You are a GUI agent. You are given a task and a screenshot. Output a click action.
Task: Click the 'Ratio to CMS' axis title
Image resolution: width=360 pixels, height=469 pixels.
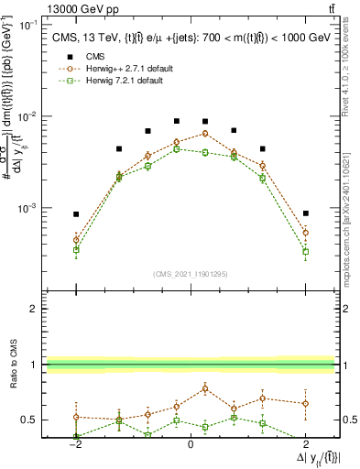pos(11,378)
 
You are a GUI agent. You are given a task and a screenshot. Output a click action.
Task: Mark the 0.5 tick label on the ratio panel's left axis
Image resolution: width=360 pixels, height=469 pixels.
pos(28,420)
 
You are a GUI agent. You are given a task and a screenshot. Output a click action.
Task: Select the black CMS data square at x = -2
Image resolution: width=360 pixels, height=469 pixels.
pos(77,214)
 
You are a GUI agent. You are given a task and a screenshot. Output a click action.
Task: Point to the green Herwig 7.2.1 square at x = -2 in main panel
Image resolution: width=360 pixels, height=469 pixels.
pos(77,249)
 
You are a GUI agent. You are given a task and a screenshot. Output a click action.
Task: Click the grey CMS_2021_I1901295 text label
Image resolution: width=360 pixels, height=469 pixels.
pos(190,274)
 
